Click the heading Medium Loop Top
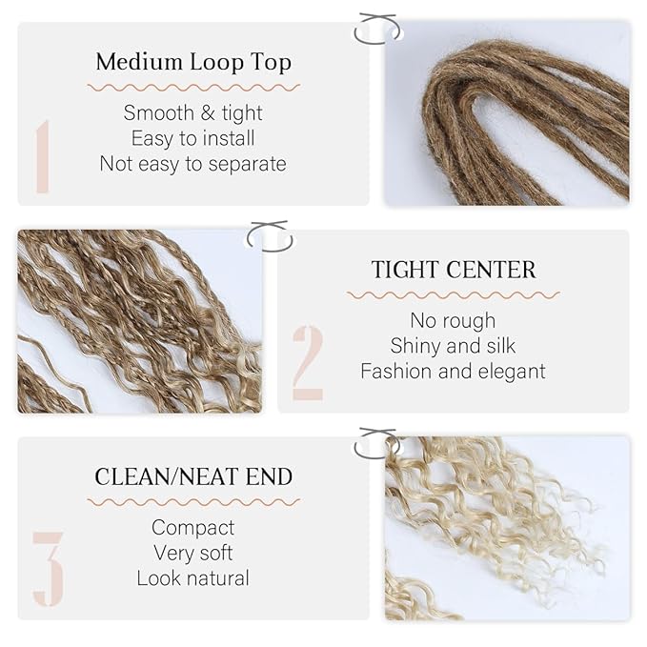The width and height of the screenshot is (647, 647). [193, 62]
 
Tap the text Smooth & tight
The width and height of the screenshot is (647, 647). [193, 113]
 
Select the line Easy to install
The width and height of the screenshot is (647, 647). [193, 138]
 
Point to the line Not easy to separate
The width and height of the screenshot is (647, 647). [193, 164]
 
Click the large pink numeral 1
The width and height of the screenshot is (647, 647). [43, 156]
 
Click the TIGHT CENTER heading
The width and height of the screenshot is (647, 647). [454, 270]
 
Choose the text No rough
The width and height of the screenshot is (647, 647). [453, 320]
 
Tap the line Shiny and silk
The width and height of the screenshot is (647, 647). [453, 346]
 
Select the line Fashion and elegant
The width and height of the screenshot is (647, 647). [453, 372]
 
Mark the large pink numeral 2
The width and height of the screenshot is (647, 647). [308, 363]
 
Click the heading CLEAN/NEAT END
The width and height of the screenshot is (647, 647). [193, 477]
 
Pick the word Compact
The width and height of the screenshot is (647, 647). [193, 528]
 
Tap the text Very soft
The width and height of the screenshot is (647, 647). [193, 554]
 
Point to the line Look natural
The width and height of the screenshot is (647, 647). [193, 578]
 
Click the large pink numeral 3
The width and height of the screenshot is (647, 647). [49, 570]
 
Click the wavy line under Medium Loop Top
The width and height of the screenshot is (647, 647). [193, 88]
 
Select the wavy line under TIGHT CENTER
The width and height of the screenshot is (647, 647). [453, 295]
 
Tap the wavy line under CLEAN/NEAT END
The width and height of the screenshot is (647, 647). [193, 502]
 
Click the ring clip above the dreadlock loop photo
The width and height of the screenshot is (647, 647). [377, 42]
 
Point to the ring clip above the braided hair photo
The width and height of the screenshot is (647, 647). [271, 250]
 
